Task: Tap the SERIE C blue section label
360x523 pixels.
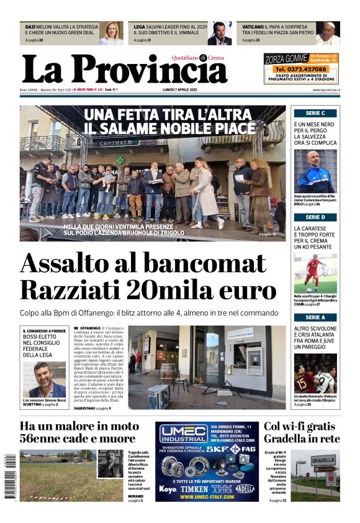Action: (315, 113)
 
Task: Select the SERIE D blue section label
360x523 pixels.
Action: (315, 217)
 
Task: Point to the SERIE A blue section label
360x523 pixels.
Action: (315, 317)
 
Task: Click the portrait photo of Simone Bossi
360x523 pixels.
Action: (44, 380)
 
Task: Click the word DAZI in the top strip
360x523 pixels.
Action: (30, 27)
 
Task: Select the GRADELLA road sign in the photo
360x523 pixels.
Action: (323, 461)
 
